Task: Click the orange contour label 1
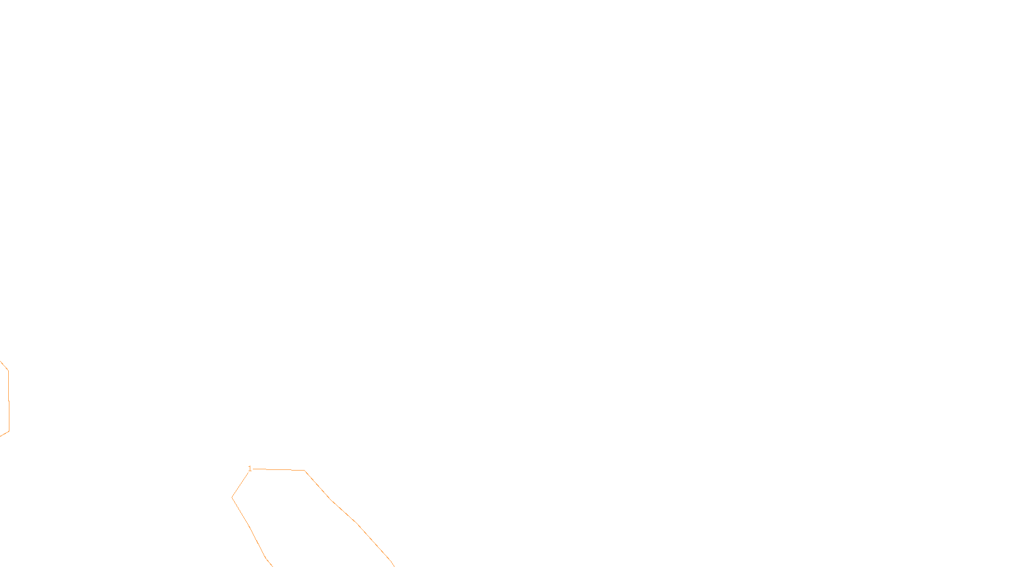pos(250,468)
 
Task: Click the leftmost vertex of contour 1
pos(232,497)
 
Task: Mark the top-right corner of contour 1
pos(305,470)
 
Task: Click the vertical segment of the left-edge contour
pos(8,401)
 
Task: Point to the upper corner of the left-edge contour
pos(8,370)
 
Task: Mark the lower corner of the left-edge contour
pos(9,431)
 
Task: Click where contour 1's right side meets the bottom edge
pos(394,565)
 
